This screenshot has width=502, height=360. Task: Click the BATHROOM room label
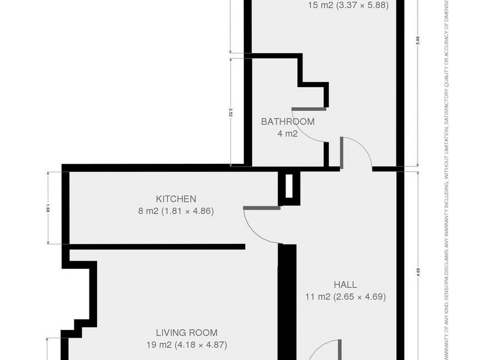(x=288, y=122)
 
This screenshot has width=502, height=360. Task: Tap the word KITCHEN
(x=175, y=199)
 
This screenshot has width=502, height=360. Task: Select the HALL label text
(x=345, y=285)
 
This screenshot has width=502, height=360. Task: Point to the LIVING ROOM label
(x=186, y=333)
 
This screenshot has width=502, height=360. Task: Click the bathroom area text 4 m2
(x=288, y=133)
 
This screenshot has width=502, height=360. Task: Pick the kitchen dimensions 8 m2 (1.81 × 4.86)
(x=175, y=211)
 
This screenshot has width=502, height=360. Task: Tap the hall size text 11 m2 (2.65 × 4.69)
(x=345, y=297)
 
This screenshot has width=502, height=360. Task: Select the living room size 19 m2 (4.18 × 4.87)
(x=186, y=345)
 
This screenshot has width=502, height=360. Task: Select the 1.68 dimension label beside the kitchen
(x=48, y=208)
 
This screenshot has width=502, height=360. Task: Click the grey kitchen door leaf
(x=262, y=208)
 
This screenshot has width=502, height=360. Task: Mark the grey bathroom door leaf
(x=309, y=108)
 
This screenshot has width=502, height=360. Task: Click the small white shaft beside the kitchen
(x=289, y=186)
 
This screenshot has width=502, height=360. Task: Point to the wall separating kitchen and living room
(x=155, y=246)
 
